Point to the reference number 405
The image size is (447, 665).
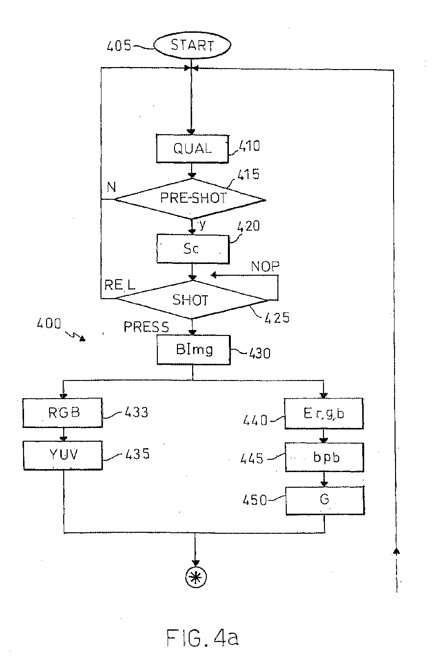119,46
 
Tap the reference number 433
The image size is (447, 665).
136,412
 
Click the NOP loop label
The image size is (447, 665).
265,266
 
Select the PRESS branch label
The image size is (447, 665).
146,327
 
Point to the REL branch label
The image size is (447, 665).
120,285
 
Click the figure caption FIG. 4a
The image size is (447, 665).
202,637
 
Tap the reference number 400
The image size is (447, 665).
49,323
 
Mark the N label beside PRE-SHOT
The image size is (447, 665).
111,187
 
